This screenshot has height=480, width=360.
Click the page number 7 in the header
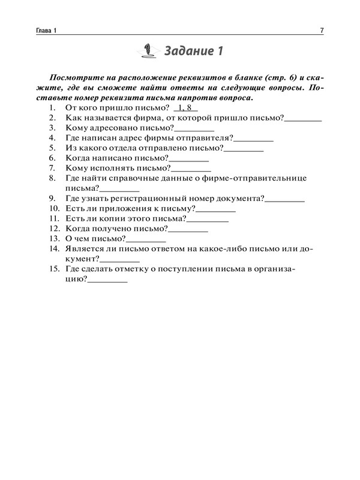322,31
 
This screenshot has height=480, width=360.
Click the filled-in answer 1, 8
185,108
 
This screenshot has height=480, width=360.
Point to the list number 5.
52,148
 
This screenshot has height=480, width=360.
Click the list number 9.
52,199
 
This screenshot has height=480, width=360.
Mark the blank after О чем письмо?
146,239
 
